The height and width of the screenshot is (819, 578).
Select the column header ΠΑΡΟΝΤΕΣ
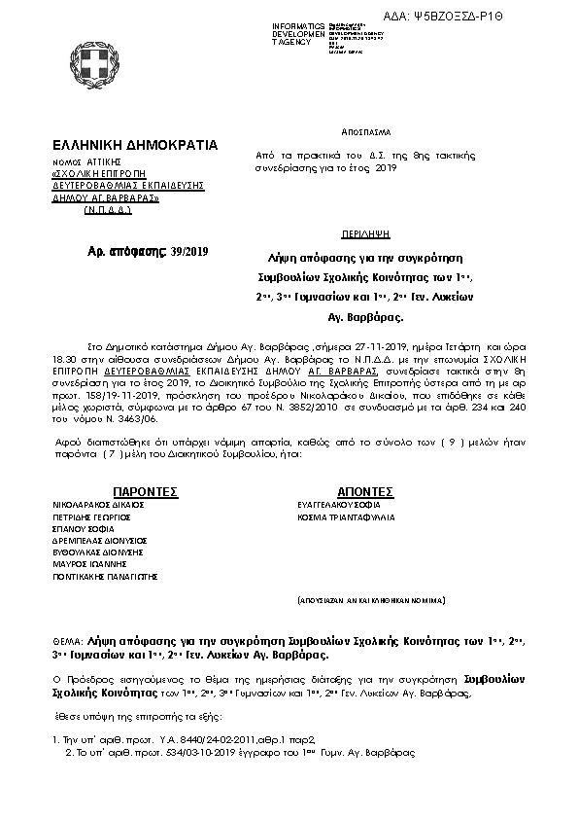(x=145, y=492)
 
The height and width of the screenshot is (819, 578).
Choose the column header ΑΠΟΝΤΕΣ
(x=364, y=492)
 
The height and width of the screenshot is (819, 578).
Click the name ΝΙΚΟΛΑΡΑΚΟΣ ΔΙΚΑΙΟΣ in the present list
(x=98, y=506)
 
